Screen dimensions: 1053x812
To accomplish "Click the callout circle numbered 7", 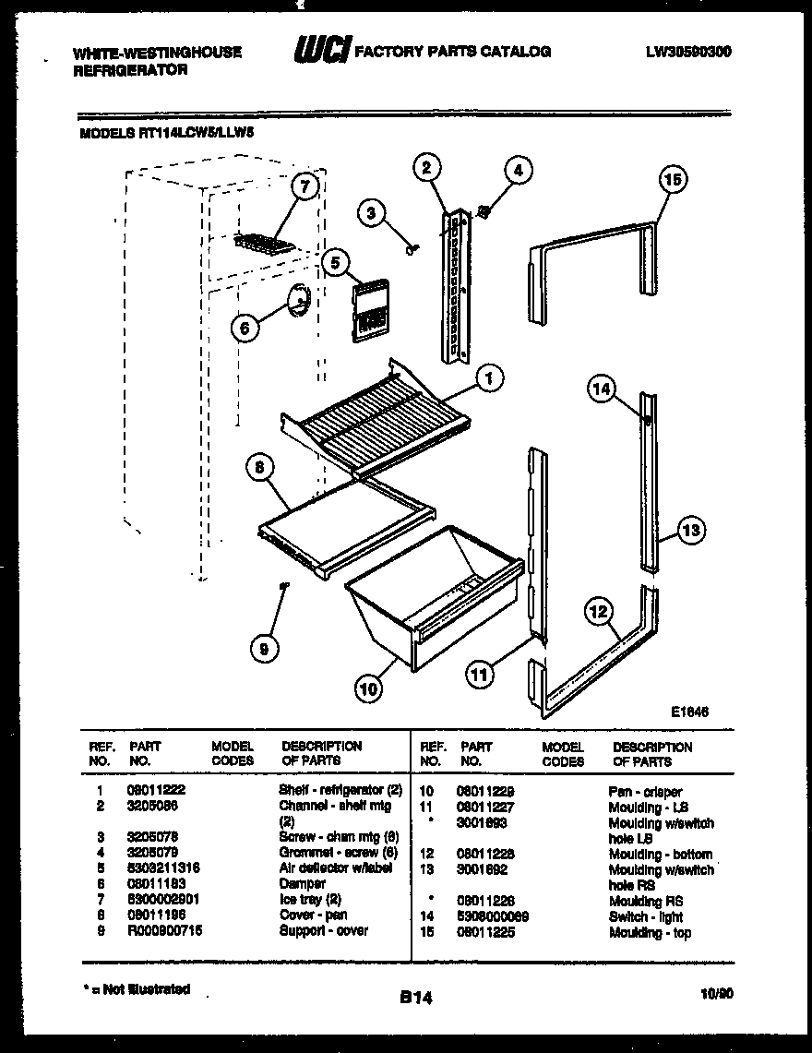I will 304,186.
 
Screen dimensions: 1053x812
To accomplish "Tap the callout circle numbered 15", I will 674,180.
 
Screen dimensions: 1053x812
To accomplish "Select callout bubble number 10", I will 368,688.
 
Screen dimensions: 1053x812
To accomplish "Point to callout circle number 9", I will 264,650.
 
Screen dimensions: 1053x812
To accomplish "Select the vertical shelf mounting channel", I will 456,287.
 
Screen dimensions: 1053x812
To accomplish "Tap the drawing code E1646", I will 689,712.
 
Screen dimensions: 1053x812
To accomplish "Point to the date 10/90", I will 716,993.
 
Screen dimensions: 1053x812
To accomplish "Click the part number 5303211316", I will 163,868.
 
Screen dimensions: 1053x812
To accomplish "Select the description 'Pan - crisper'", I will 645,792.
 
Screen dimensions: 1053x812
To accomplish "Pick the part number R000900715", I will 164,930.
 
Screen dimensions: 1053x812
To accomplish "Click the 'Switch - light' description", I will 646,916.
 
